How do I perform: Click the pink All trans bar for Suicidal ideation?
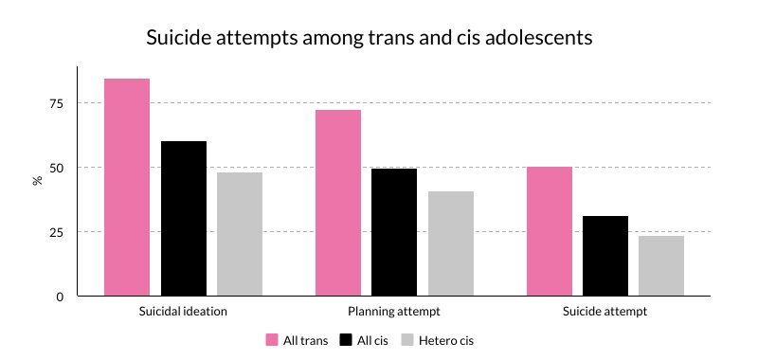point(127,188)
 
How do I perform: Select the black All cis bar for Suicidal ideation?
point(183,219)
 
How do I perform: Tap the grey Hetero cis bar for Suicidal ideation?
point(240,234)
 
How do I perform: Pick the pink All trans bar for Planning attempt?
point(338,203)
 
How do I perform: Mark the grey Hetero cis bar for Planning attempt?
point(451,243)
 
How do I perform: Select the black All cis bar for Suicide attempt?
point(605,256)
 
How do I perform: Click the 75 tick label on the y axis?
point(57,103)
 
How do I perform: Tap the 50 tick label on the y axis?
point(57,168)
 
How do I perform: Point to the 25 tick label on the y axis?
point(57,232)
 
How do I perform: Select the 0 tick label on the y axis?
point(60,297)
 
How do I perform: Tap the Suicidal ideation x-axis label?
point(183,311)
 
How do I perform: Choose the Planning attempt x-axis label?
point(394,311)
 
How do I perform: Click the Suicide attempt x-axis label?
point(605,311)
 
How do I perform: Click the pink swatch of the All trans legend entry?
point(272,340)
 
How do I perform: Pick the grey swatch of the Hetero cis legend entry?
point(409,340)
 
